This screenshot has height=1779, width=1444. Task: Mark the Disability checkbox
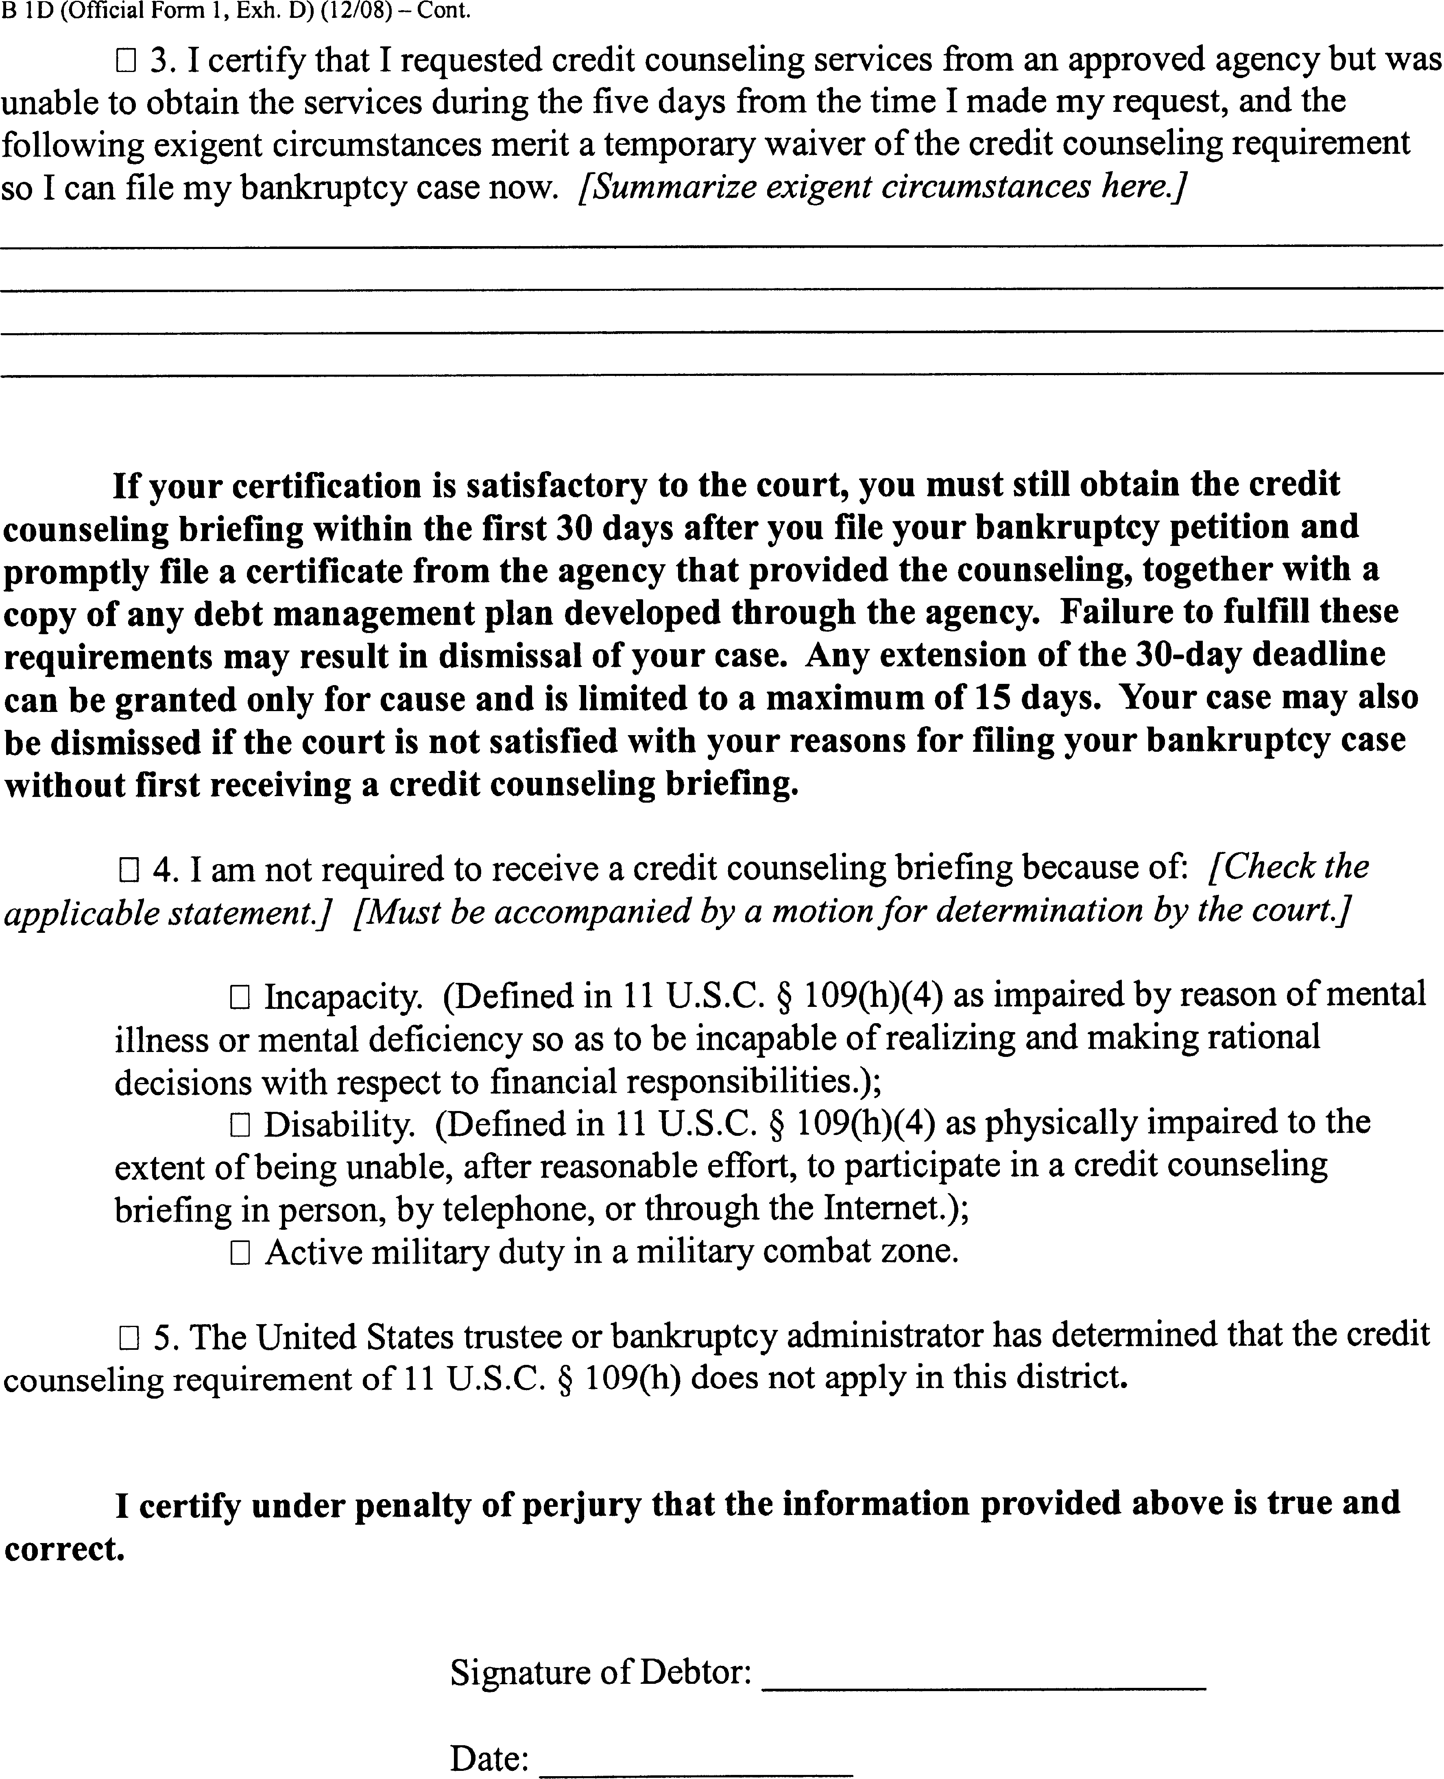(x=240, y=1125)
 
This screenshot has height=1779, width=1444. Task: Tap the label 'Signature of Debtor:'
(x=601, y=1672)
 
